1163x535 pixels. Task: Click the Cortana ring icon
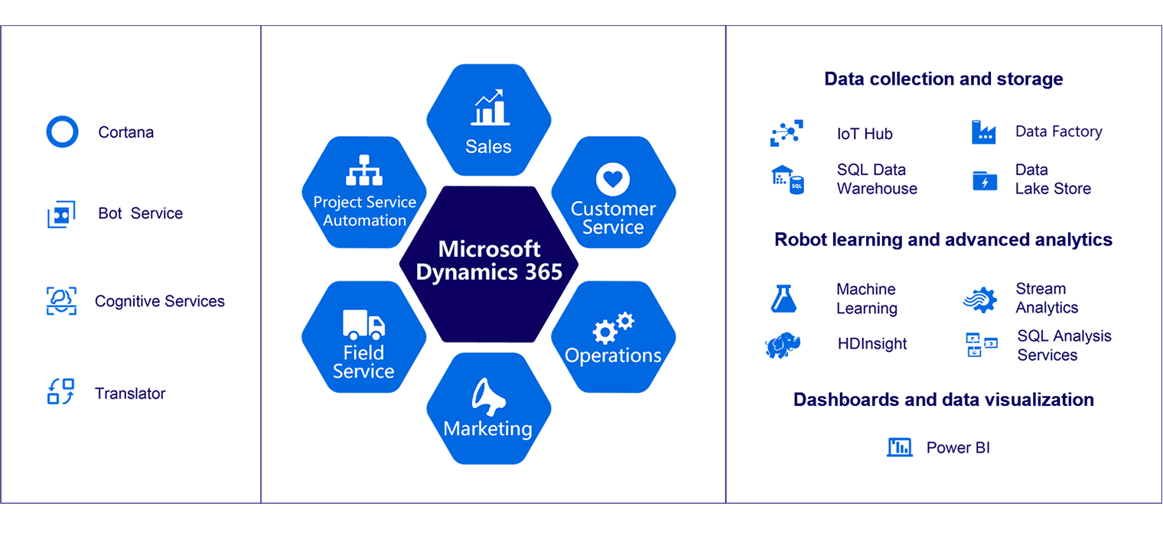50,131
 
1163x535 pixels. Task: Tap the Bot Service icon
61,214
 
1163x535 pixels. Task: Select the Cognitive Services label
159,301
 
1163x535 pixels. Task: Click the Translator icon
60,391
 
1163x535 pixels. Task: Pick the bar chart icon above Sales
490,108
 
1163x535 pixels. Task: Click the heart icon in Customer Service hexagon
613,180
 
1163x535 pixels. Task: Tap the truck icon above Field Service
363,325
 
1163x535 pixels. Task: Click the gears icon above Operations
613,328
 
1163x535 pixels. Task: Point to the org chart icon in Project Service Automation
364,170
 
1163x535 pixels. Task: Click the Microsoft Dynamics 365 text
489,261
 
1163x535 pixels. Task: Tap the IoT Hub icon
786,133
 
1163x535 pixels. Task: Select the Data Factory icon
983,132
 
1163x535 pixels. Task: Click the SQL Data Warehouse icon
787,180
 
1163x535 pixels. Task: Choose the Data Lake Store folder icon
985,181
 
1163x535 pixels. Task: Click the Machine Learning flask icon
783,299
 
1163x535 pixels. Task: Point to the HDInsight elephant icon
783,345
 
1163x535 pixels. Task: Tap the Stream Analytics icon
980,300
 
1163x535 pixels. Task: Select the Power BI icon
900,447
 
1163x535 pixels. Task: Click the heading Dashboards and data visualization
943,400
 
